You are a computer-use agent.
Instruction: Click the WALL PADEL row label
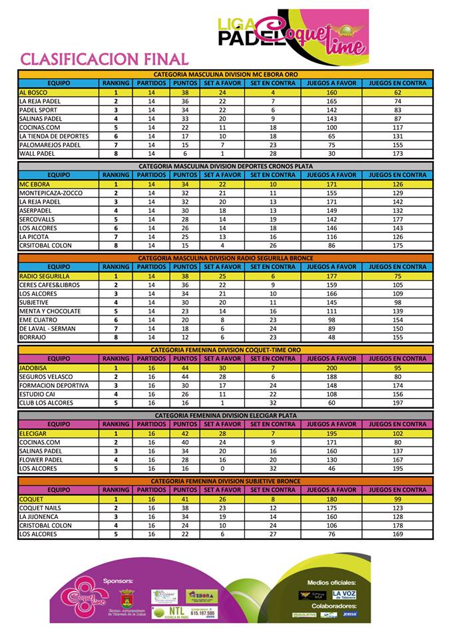[x=37, y=154]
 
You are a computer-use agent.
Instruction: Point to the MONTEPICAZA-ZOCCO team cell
[x=50, y=193]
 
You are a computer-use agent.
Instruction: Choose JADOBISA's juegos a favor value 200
[x=332, y=368]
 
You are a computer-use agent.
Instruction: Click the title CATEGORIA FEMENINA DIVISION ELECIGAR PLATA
[x=226, y=415]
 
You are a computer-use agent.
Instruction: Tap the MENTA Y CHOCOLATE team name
[x=50, y=312]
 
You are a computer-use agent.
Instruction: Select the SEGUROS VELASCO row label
[x=47, y=377]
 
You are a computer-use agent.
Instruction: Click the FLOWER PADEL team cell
[x=41, y=459]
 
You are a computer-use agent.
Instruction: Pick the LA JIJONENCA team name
[x=40, y=517]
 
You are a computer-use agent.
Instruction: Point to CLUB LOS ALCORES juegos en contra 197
[x=397, y=403]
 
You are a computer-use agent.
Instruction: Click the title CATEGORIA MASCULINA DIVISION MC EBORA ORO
[x=226, y=75]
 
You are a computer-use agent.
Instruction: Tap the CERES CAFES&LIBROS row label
[x=49, y=285]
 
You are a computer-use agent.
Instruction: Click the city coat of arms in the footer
[x=126, y=597]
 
